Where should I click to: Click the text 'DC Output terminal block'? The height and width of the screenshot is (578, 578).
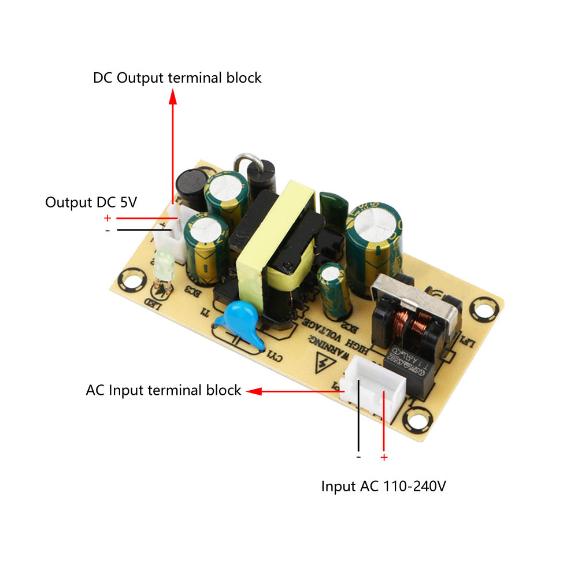pyautogui.click(x=177, y=77)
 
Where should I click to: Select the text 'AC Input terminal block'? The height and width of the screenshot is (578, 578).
pyautogui.click(x=163, y=390)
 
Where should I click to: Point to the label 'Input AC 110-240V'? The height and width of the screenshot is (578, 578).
pyautogui.click(x=383, y=487)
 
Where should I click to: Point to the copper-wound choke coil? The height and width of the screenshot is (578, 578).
pyautogui.click(x=412, y=325)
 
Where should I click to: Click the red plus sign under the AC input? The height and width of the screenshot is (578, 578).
pyautogui.click(x=384, y=458)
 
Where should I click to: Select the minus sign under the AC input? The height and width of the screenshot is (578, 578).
pyautogui.click(x=358, y=457)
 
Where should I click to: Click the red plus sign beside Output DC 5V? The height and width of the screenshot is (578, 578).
pyautogui.click(x=107, y=218)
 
